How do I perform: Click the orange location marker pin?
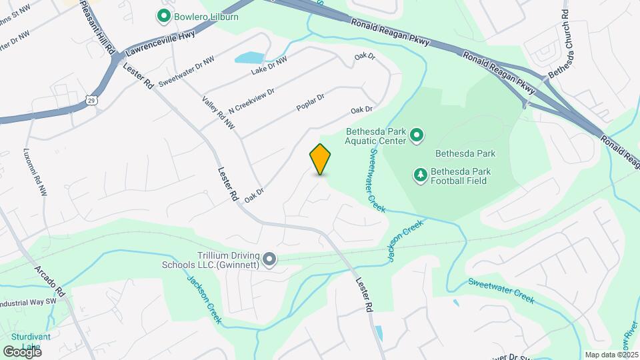[x=321, y=159]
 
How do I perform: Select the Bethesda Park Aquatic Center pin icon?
[x=417, y=136]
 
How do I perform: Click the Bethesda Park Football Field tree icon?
[x=421, y=175]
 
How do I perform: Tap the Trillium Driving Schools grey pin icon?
[x=269, y=259]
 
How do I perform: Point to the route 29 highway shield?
[x=90, y=100]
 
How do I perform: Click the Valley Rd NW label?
[x=219, y=112]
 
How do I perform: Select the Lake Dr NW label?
[x=269, y=65]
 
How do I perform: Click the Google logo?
[x=22, y=351]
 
